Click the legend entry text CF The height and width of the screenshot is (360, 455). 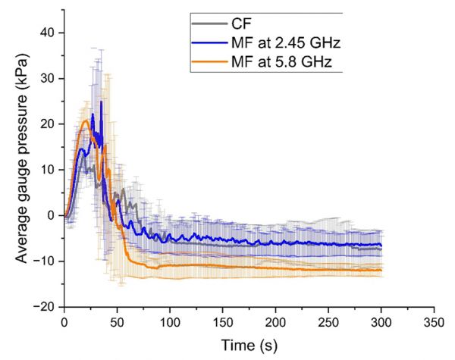coord(243,24)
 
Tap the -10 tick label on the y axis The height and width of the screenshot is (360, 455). coord(47,261)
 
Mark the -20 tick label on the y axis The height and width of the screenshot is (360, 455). coord(47,307)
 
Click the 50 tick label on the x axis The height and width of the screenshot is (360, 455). coord(117,321)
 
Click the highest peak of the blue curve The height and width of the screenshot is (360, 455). coord(101,102)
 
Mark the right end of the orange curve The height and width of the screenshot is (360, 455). coord(381,271)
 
